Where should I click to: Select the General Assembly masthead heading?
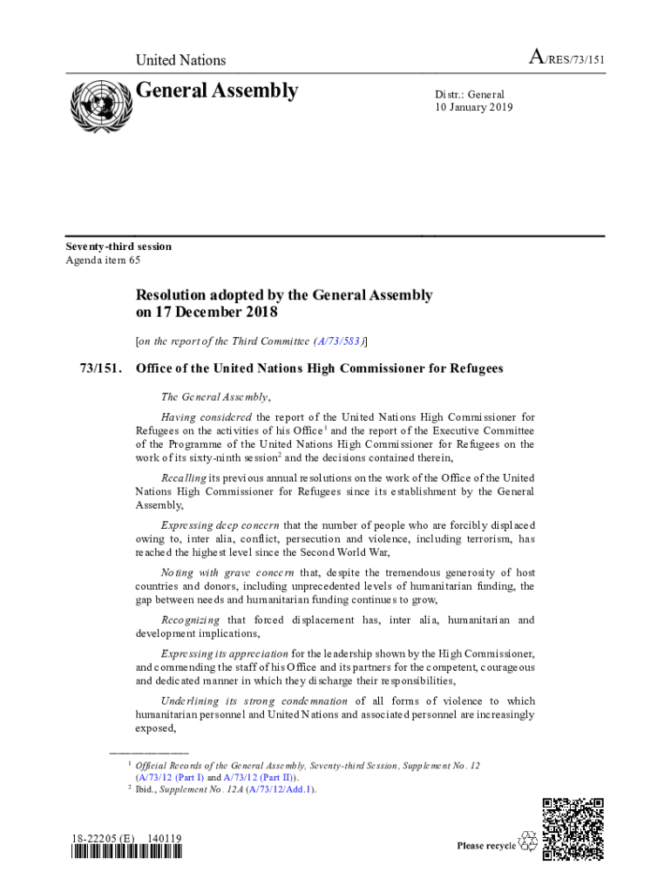click(x=217, y=91)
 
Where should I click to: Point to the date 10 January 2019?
click(x=474, y=108)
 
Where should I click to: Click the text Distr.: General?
click(x=470, y=94)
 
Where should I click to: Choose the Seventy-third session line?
click(x=119, y=247)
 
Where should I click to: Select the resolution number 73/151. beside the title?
click(x=99, y=368)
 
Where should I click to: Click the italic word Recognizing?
click(x=191, y=620)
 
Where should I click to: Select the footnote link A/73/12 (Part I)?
click(x=170, y=778)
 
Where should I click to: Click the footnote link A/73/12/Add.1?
click(x=279, y=790)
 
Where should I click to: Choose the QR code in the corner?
click(x=573, y=828)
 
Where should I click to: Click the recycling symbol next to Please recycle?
click(x=528, y=842)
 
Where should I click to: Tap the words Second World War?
click(x=349, y=552)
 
